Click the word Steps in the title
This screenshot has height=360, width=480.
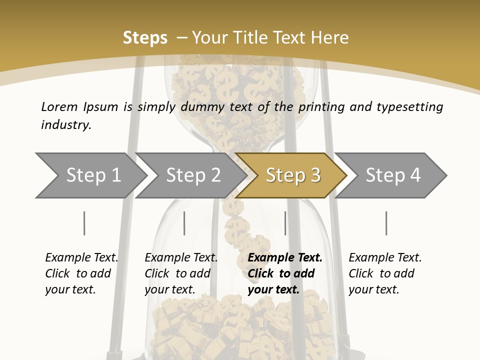145,37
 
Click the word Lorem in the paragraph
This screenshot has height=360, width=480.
59,106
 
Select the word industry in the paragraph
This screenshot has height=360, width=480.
66,125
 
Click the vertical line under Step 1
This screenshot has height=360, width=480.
84,223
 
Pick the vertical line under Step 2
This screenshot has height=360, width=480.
184,223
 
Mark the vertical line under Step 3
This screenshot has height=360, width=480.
285,223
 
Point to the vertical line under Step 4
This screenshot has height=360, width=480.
386,223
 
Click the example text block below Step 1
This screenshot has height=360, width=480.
81,273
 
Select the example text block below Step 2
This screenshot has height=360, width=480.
181,273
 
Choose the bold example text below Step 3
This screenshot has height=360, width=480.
285,273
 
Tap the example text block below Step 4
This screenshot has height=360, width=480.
385,273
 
